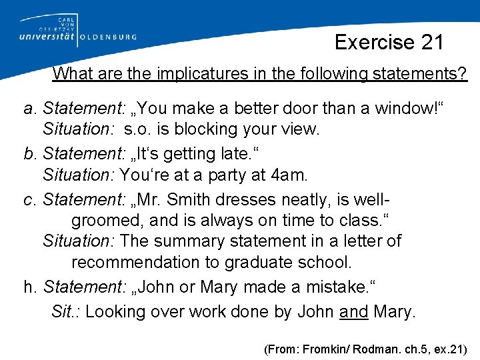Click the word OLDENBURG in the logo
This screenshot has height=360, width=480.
[108, 38]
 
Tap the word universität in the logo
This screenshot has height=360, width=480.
[43, 37]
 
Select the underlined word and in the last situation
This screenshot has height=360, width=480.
[354, 311]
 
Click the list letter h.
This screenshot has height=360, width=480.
[29, 287]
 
